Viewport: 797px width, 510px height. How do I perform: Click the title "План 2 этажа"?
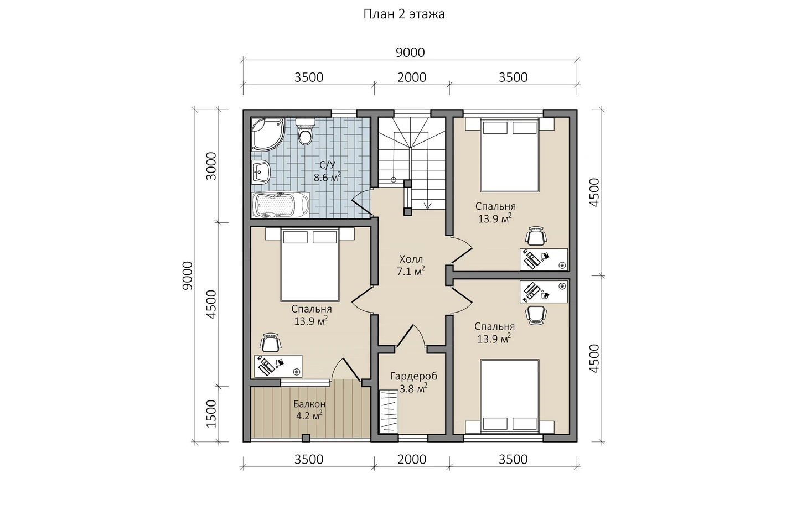tap(404, 14)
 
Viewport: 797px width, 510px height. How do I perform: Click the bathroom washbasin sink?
tap(261, 173)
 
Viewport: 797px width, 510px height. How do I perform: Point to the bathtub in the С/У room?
tap(281, 205)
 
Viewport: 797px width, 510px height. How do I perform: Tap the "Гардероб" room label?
tap(414, 376)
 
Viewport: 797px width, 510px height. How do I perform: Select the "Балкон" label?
tap(309, 404)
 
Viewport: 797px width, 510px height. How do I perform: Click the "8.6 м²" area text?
tap(327, 177)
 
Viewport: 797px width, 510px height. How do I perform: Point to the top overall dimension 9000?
tap(410, 53)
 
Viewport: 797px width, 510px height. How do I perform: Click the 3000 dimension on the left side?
tap(211, 166)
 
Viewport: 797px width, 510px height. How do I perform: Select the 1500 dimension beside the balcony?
tap(211, 414)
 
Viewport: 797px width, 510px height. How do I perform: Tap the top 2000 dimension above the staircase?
tap(412, 77)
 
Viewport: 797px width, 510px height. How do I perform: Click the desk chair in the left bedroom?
tap(271, 343)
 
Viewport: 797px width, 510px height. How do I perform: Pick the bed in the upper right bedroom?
tap(510, 155)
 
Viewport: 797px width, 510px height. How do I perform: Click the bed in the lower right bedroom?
tap(510, 397)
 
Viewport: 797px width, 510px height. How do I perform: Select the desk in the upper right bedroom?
tap(544, 259)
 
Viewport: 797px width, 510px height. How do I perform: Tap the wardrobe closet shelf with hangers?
tap(389, 412)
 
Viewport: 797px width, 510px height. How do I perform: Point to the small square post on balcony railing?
tap(306, 438)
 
